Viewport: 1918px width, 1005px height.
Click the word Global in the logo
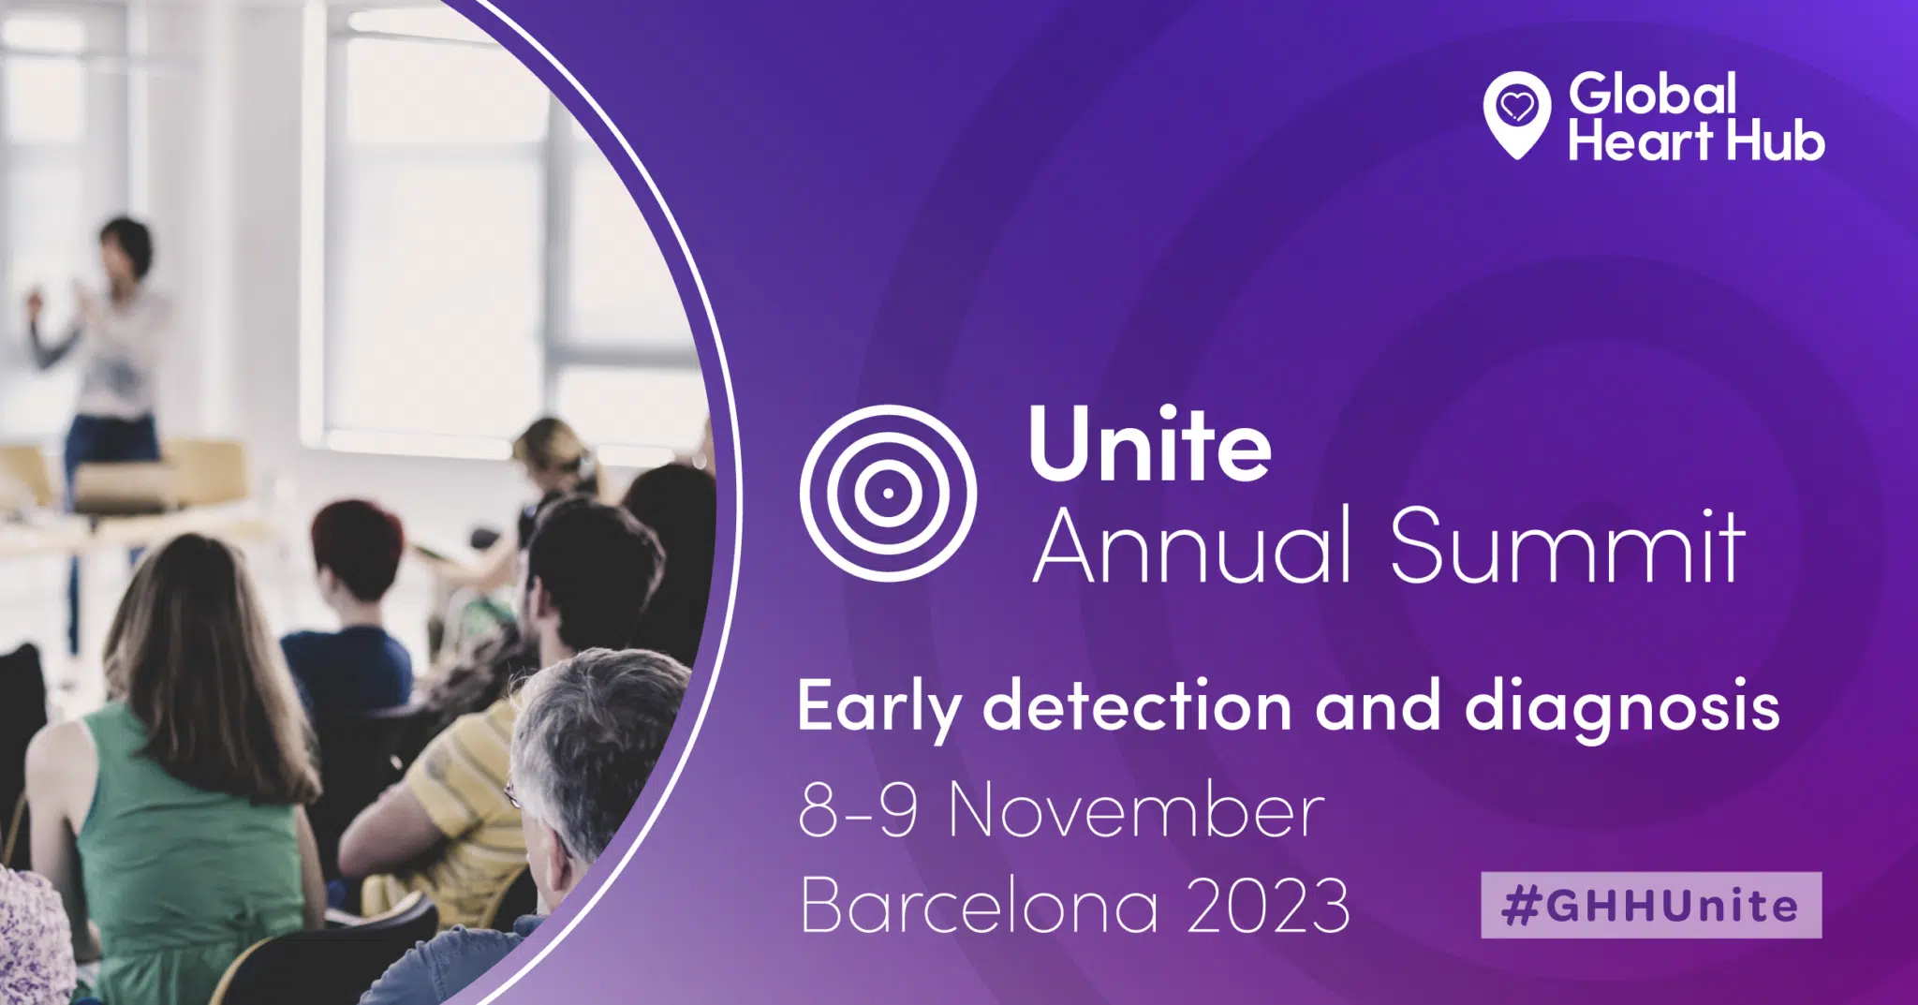tap(1653, 94)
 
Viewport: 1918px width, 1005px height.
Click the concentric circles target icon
tap(888, 493)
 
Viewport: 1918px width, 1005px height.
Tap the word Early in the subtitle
tap(878, 707)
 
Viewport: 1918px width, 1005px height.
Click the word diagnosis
tap(1622, 707)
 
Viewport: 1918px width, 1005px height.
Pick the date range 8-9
tap(858, 810)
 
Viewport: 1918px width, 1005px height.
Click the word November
tap(1136, 810)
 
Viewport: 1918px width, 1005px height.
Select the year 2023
tap(1268, 905)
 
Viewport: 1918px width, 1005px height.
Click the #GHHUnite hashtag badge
tap(1651, 905)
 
